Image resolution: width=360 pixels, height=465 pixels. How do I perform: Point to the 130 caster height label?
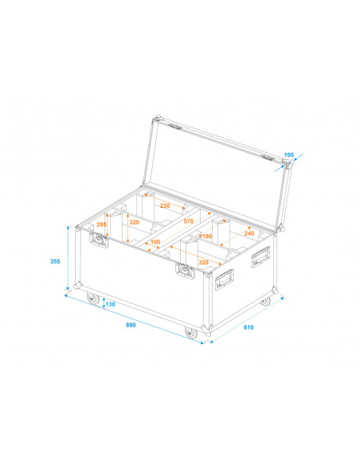(110, 305)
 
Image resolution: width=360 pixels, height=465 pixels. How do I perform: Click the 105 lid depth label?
(289, 154)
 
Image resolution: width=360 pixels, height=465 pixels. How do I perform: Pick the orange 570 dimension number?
(188, 221)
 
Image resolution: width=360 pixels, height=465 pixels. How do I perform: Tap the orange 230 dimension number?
(165, 205)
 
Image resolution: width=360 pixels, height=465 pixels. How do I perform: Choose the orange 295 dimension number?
(101, 225)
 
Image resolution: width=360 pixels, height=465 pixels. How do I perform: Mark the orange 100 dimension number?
(155, 241)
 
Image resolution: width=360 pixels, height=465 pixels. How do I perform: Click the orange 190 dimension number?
(207, 236)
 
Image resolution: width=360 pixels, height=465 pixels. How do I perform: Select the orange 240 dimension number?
(249, 233)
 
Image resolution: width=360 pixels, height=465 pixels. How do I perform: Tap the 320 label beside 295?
(134, 224)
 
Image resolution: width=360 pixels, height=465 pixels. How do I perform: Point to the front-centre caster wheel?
(190, 333)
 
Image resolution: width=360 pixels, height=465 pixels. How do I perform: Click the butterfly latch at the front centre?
(185, 272)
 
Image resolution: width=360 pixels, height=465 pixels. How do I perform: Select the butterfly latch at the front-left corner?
(102, 243)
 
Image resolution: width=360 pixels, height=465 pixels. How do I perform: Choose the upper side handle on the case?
(260, 256)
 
